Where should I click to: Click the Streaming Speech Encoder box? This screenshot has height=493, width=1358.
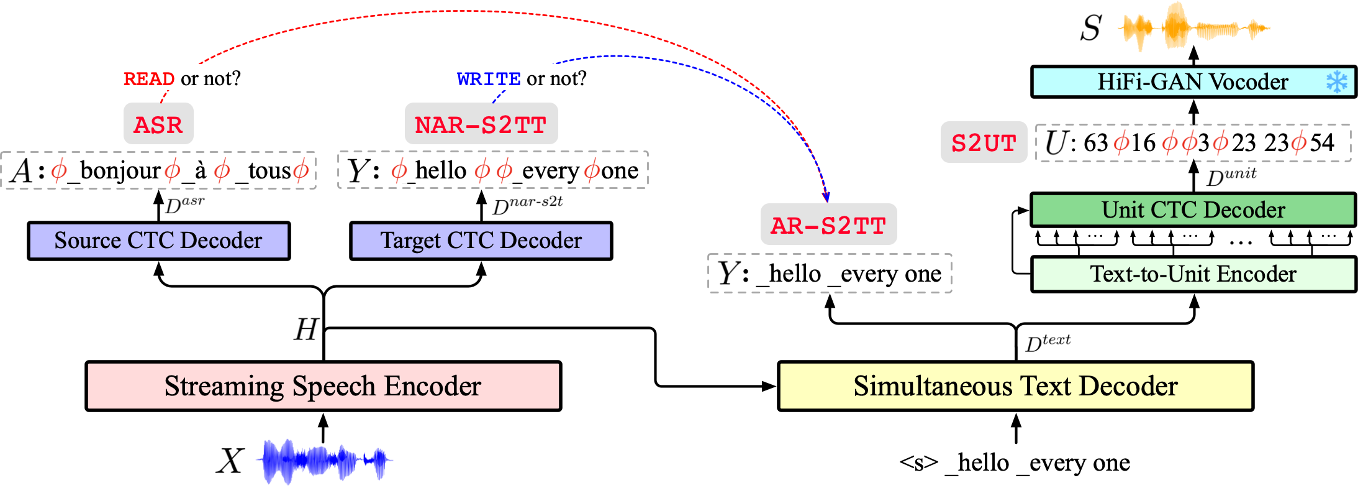click(323, 386)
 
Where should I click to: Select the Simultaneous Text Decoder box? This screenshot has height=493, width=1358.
click(1015, 386)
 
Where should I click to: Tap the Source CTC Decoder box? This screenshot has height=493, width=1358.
click(158, 241)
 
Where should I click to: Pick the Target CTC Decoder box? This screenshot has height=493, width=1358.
click(481, 241)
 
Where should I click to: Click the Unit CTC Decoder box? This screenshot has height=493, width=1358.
click(1193, 210)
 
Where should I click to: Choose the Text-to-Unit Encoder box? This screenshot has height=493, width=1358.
click(1193, 274)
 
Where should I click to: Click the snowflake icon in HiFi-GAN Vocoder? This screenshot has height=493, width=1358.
click(1336, 81)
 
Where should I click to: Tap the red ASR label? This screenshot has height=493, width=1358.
click(158, 125)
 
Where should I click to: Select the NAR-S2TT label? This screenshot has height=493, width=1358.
click(481, 125)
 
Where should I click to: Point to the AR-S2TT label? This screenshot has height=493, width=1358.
click(828, 225)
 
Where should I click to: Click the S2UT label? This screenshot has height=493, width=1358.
click(984, 143)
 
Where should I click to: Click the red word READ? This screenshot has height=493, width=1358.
click(149, 79)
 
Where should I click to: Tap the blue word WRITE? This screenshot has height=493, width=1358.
click(489, 79)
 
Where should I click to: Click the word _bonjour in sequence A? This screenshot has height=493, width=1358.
click(115, 170)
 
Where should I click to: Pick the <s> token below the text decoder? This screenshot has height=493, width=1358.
click(918, 463)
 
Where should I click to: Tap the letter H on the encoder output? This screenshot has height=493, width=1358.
click(306, 329)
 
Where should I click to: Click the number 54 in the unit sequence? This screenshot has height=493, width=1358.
click(1322, 143)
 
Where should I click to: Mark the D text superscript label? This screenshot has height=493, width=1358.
click(1048, 343)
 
